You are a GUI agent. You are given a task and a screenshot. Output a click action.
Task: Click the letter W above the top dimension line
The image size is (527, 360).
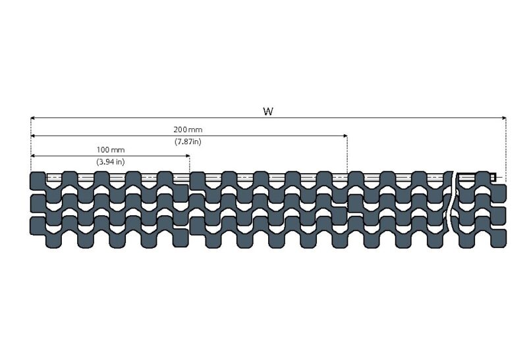pyautogui.click(x=268, y=111)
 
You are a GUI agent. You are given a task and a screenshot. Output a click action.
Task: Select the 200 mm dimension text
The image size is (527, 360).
pyautogui.click(x=189, y=130)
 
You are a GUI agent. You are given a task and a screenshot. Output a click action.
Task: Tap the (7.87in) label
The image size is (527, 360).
pyautogui.click(x=188, y=142)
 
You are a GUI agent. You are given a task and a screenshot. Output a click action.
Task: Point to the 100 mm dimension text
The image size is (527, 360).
pyautogui.click(x=110, y=149)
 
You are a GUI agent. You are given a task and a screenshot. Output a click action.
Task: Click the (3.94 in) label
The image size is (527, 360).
pyautogui.click(x=110, y=162)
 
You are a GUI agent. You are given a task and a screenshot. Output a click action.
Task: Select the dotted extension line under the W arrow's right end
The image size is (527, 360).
pyautogui.click(x=505, y=148)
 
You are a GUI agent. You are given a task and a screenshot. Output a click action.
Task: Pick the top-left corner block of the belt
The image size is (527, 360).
pyautogui.click(x=38, y=180)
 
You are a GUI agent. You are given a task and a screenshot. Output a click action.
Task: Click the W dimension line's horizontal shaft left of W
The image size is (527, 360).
pyautogui.click(x=145, y=118)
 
